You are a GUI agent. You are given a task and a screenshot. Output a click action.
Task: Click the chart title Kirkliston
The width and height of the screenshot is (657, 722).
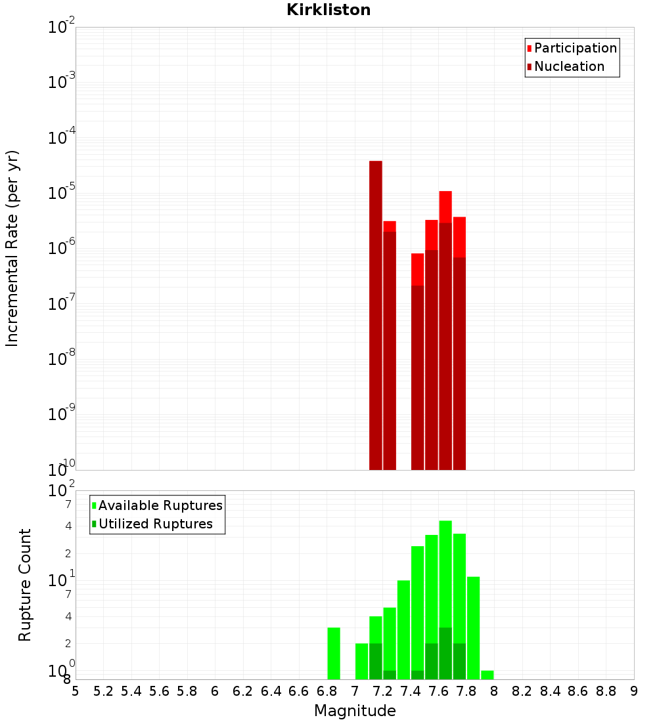coord(328,10)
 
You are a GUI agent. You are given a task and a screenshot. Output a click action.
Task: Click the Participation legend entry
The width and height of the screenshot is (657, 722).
coord(575,48)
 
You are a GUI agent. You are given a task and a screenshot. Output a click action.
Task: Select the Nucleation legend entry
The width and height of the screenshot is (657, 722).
coord(569,66)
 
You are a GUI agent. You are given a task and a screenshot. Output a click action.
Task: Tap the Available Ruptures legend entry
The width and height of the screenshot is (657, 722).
coord(160,505)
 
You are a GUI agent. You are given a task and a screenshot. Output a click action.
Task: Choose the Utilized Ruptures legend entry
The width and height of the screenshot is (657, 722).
coord(155,524)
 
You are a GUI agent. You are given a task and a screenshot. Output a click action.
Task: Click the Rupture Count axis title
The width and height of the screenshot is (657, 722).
coord(25,584)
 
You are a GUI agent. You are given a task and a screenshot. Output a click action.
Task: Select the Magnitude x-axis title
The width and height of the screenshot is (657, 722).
coord(355,711)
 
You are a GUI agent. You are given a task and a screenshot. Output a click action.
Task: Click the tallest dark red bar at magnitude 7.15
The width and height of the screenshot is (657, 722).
coord(376,315)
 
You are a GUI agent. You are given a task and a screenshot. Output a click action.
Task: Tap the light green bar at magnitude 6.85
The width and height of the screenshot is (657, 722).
coord(334,653)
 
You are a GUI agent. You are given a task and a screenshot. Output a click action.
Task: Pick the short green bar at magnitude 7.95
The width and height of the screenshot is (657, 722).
coord(487,675)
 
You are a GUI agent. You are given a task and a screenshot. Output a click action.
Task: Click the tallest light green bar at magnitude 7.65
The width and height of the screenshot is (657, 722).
coord(445,571)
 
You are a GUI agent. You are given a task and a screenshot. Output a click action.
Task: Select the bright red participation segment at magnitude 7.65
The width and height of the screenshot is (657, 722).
coord(445,207)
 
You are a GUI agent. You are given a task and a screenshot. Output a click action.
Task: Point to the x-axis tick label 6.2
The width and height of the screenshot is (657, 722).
coord(242,691)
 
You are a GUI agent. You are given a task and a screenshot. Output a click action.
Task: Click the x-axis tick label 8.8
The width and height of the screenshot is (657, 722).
coord(606,691)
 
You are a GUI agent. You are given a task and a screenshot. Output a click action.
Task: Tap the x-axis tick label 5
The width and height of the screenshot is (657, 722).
coord(76,691)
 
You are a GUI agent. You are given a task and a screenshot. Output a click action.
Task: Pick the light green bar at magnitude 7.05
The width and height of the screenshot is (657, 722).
coord(361,661)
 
